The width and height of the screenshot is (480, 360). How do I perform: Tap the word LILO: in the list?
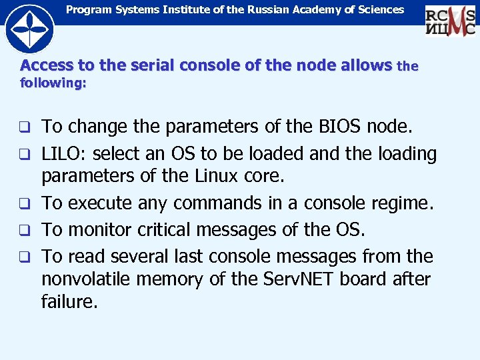(63, 153)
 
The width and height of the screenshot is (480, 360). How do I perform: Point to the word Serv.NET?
(300, 279)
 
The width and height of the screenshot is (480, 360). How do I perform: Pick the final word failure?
(69, 301)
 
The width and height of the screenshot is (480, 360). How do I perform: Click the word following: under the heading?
(53, 83)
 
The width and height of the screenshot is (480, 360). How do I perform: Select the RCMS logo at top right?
(451, 19)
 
